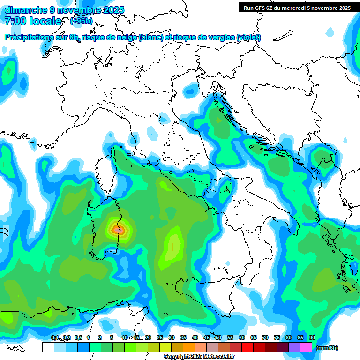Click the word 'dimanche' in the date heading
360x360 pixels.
click(x=26, y=10)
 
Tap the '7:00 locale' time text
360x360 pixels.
click(x=33, y=21)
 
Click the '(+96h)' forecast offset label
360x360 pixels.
click(x=82, y=21)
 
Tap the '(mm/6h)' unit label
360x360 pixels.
click(x=327, y=348)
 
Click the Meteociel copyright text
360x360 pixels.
click(x=199, y=357)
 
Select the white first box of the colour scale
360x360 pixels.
click(x=48, y=347)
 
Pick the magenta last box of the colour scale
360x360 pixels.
click(x=306, y=347)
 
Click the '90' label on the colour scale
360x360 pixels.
click(x=312, y=337)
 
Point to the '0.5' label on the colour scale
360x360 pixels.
click(x=78, y=337)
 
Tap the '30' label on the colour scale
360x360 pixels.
click(x=172, y=337)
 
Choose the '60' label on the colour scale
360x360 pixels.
click(x=242, y=337)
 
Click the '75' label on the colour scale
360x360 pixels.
click(x=277, y=337)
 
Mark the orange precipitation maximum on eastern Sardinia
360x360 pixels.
click(x=118, y=229)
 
